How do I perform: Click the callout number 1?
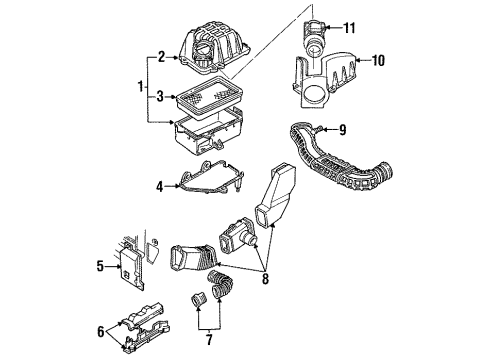pyautogui.click(x=141, y=87)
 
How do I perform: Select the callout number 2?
pyautogui.click(x=161, y=57)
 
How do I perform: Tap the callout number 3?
pyautogui.click(x=160, y=97)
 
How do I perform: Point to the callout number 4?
pyautogui.click(x=160, y=186)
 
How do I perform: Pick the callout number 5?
pyautogui.click(x=100, y=266)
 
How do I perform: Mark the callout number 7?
pyautogui.click(x=209, y=340)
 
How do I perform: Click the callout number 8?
pyautogui.click(x=265, y=278)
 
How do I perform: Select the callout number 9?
pyautogui.click(x=342, y=130)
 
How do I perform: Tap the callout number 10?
pyautogui.click(x=378, y=60)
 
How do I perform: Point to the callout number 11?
pyautogui.click(x=349, y=28)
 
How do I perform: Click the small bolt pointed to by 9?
pyautogui.click(x=317, y=129)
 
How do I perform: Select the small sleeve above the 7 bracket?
pyautogui.click(x=198, y=299)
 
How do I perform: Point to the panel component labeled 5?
pyautogui.click(x=131, y=268)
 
